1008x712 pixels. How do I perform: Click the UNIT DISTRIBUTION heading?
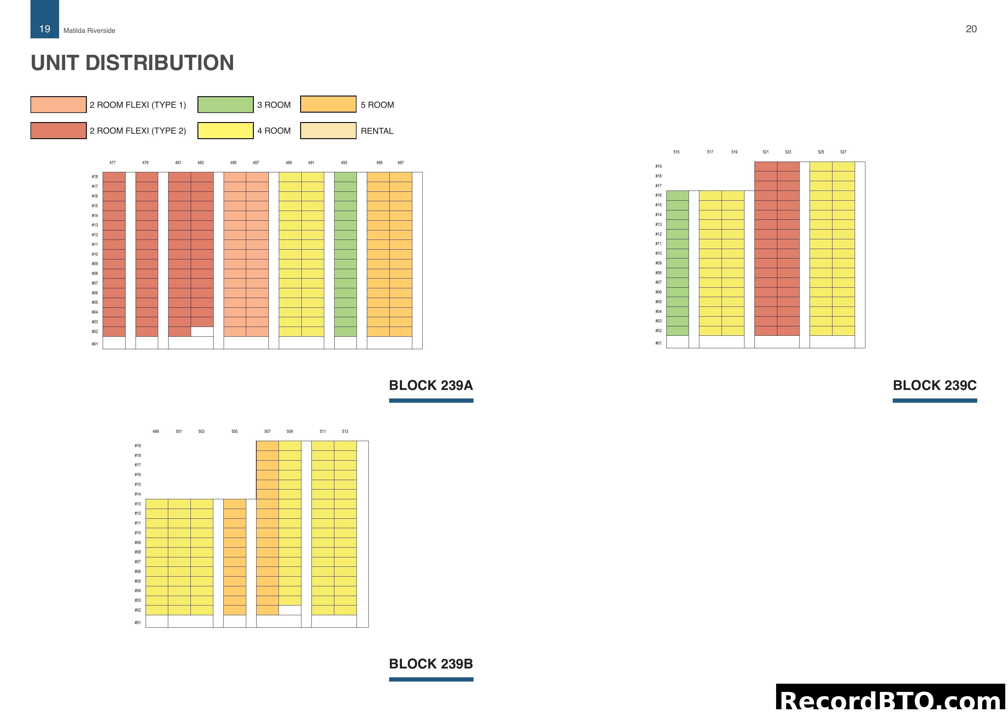tap(132, 63)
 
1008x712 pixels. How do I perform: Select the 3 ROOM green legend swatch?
tap(225, 104)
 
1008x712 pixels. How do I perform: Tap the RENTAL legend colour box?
tap(328, 131)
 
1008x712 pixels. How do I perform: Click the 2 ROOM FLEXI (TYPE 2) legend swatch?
tap(59, 131)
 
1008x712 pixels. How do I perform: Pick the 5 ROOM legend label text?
tap(377, 105)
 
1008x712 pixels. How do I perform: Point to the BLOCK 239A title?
tap(431, 385)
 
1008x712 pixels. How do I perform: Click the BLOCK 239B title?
tap(431, 664)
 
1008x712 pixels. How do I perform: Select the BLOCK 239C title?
tap(935, 385)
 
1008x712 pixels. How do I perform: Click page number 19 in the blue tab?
tap(45, 29)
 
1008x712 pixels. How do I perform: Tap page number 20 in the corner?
tap(971, 29)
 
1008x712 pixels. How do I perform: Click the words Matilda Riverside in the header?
tap(89, 31)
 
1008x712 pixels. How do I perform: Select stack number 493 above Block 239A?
tap(344, 163)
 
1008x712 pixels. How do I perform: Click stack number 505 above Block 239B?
tap(234, 432)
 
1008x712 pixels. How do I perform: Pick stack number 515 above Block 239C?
tap(676, 152)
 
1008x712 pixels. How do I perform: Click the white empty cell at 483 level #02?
tap(202, 332)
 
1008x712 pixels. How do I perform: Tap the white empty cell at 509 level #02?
tap(290, 610)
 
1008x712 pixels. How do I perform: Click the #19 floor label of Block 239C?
tap(658, 166)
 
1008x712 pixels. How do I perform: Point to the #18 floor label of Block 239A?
tap(95, 177)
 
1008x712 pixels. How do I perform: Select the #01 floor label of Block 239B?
tap(137, 623)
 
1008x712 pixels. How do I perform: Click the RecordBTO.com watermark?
tap(891, 700)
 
